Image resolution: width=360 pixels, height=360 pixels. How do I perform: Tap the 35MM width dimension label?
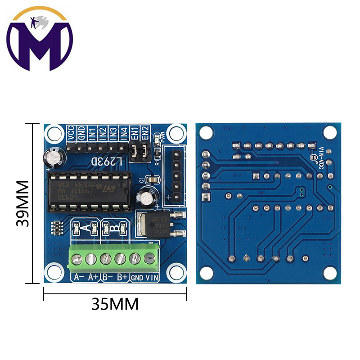115,304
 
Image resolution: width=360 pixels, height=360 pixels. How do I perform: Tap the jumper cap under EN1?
135,152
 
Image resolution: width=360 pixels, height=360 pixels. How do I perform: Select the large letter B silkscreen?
116,228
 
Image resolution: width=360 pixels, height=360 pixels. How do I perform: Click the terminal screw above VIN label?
149,258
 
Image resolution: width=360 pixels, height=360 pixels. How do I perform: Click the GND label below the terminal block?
137,278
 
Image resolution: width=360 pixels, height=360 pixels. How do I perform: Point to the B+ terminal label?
121,278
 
